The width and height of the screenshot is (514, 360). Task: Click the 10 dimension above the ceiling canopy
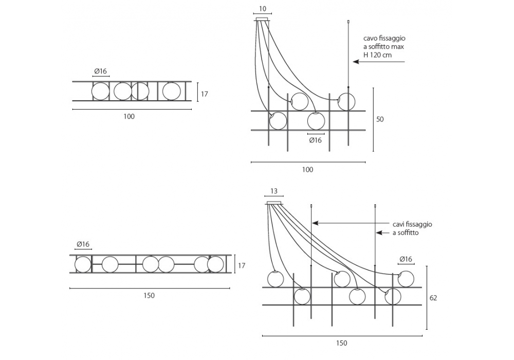pos(263,9)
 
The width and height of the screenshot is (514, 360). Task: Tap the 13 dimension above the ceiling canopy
pos(274,191)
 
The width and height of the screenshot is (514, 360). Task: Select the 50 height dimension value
pos(380,119)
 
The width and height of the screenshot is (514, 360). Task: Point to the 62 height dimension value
pos(433,297)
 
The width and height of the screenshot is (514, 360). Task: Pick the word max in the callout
pos(397,47)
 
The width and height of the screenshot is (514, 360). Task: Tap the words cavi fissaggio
pos(412,224)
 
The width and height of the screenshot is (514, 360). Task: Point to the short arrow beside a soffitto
pos(383,233)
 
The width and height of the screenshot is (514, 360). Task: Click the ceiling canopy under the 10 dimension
pos(263,19)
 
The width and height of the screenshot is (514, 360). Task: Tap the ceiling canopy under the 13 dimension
pos(274,203)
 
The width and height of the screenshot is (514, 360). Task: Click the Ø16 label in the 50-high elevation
pos(315,140)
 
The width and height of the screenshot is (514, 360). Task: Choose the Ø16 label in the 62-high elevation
pos(406,259)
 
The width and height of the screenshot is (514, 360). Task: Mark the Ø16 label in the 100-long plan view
pos(101,71)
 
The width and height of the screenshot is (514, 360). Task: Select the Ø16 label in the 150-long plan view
pos(83,244)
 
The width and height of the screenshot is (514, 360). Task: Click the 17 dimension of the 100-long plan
pos(204,94)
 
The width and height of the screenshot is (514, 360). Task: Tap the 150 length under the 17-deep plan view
pos(149,295)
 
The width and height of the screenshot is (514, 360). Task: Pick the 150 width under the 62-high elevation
pos(341,343)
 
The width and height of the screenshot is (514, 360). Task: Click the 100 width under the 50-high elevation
pos(307,169)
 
